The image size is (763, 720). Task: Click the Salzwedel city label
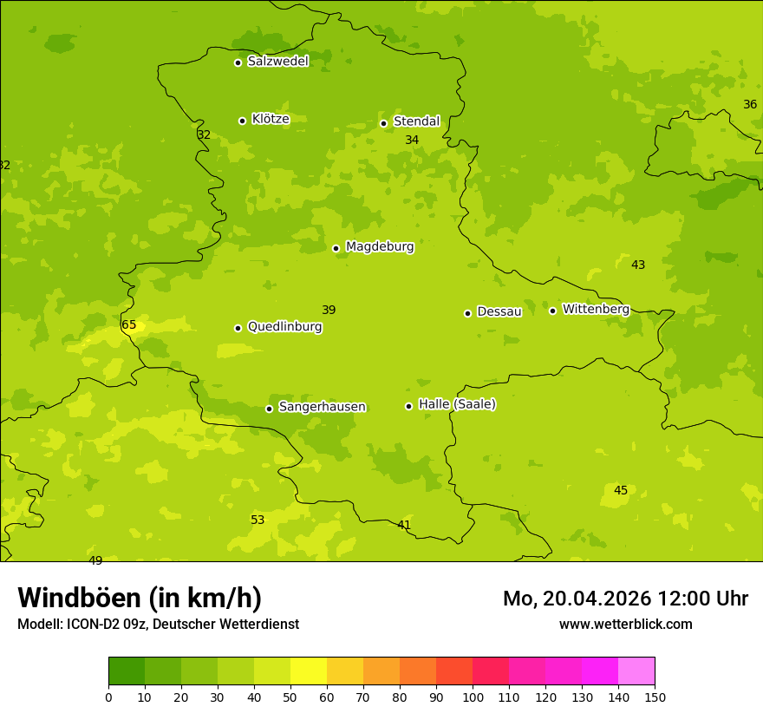point(277,62)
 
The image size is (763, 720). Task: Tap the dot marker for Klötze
point(242,121)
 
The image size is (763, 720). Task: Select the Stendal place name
point(416,121)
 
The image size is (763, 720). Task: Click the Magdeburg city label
point(380,247)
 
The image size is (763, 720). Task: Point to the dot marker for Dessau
point(467,313)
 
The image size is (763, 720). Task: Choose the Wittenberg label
point(596,310)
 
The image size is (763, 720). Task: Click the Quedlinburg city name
point(284,327)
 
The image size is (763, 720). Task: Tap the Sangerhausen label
point(322,407)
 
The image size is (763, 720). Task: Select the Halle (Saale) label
point(457,404)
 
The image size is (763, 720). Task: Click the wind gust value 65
point(129,325)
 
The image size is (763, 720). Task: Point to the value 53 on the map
point(258,520)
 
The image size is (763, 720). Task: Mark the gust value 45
point(621,490)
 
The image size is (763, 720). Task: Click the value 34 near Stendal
point(412,140)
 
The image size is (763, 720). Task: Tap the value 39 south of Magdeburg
point(329,310)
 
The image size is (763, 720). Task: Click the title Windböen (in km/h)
point(140,598)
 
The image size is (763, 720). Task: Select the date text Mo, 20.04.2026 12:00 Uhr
point(625,599)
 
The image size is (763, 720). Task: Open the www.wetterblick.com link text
point(625,624)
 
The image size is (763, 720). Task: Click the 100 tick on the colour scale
point(473,697)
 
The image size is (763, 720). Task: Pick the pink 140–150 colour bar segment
point(636,671)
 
